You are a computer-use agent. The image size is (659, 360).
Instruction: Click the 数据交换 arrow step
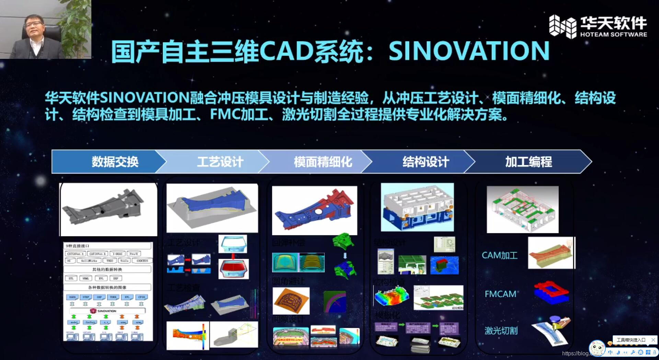115,162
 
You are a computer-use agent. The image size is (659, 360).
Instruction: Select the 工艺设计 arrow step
220,162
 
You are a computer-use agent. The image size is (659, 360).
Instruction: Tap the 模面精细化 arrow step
323,162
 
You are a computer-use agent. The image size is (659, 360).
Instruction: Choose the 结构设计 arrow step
426,162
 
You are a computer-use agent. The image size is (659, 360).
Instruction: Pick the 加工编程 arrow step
529,162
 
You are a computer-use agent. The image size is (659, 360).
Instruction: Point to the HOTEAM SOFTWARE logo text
613,35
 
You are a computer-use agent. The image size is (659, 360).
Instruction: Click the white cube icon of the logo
562,26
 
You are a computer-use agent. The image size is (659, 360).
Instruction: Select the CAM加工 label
499,255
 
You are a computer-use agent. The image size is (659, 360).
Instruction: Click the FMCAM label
500,294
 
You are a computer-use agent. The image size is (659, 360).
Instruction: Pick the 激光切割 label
501,331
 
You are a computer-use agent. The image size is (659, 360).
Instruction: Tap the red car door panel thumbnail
233,268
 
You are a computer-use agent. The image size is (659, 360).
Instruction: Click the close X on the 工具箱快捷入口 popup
653,340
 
